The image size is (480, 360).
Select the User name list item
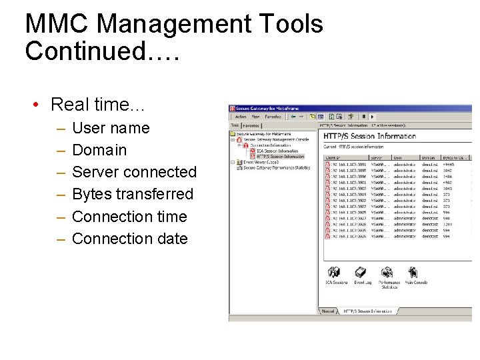point(111,128)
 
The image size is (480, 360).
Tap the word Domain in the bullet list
point(99,150)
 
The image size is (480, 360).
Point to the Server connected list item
point(134,172)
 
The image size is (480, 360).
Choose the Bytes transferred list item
point(132,194)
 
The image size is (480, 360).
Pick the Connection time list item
point(129,217)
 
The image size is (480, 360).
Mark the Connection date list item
point(129,239)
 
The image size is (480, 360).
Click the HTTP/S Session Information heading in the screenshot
point(369,136)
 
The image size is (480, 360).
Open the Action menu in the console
point(241,117)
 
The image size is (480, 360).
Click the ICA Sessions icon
point(335,273)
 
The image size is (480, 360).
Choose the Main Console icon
point(415,273)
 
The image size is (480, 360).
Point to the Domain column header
point(428,158)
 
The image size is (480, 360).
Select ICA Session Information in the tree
point(277,151)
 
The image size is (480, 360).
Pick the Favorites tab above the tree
point(251,125)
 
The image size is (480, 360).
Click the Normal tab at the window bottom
point(328,311)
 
